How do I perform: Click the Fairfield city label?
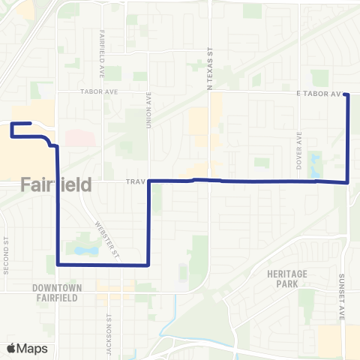click(56, 184)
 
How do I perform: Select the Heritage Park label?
click(286, 280)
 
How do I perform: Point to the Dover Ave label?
click(298, 147)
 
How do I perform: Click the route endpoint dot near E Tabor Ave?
click(346, 94)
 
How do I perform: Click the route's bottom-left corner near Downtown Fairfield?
click(58, 264)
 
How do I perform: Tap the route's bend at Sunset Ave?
click(348, 181)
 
